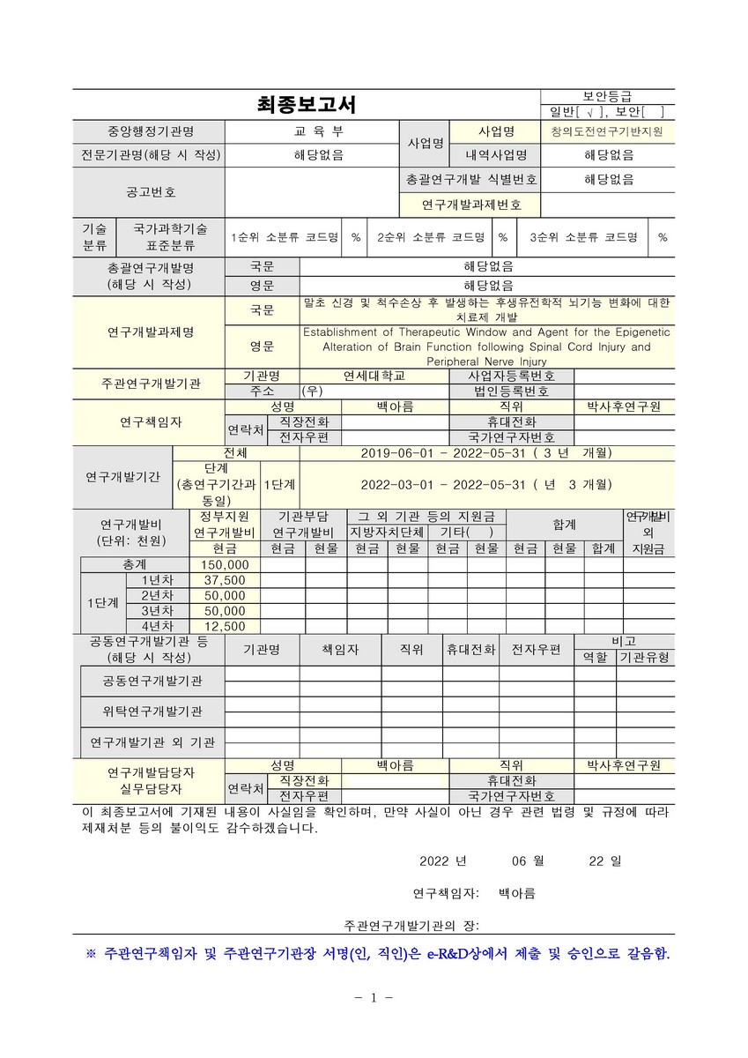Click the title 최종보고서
(306, 105)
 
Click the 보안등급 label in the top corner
(607, 96)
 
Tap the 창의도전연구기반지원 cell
(607, 131)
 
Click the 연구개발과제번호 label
(471, 205)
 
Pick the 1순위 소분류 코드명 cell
(285, 237)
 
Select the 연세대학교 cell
(374, 376)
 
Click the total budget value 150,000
(225, 564)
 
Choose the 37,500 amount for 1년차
(225, 580)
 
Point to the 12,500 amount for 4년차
(225, 626)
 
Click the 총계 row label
(136, 564)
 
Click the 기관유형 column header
(645, 658)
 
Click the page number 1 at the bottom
(374, 998)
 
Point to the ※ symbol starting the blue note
(90, 954)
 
